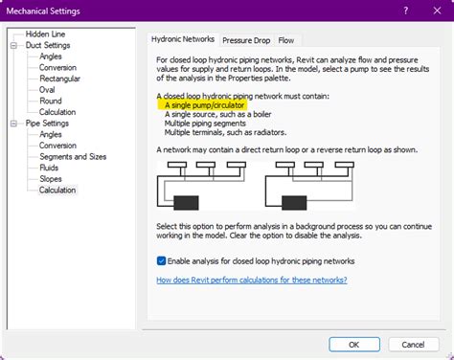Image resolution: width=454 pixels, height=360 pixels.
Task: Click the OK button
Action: [354, 345]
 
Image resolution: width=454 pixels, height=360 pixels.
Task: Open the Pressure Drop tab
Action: [246, 40]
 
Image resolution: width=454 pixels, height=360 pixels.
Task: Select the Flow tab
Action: [286, 40]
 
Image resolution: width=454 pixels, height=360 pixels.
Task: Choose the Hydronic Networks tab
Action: [183, 39]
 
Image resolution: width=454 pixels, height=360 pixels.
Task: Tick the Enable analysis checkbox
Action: [161, 261]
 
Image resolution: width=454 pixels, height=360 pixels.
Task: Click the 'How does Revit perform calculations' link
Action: [252, 280]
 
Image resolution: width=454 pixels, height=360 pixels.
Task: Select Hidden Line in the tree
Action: [45, 34]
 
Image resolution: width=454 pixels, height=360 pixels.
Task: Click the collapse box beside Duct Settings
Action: [13, 45]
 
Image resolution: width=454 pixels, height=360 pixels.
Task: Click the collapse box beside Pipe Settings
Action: [13, 124]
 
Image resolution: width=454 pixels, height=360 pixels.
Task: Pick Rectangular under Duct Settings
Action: [59, 79]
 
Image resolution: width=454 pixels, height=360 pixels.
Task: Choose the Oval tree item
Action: [47, 90]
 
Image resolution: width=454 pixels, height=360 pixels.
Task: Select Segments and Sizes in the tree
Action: [73, 157]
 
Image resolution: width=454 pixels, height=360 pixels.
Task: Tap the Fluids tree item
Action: [49, 168]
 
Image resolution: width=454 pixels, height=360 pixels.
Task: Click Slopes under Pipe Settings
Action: [51, 179]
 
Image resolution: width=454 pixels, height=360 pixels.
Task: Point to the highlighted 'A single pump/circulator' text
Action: [204, 105]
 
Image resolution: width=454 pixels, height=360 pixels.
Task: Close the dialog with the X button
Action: [437, 11]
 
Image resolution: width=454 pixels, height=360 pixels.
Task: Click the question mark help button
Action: [406, 11]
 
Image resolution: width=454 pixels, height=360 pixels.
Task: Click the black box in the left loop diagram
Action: [186, 203]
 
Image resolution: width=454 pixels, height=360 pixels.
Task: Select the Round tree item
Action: [51, 101]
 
